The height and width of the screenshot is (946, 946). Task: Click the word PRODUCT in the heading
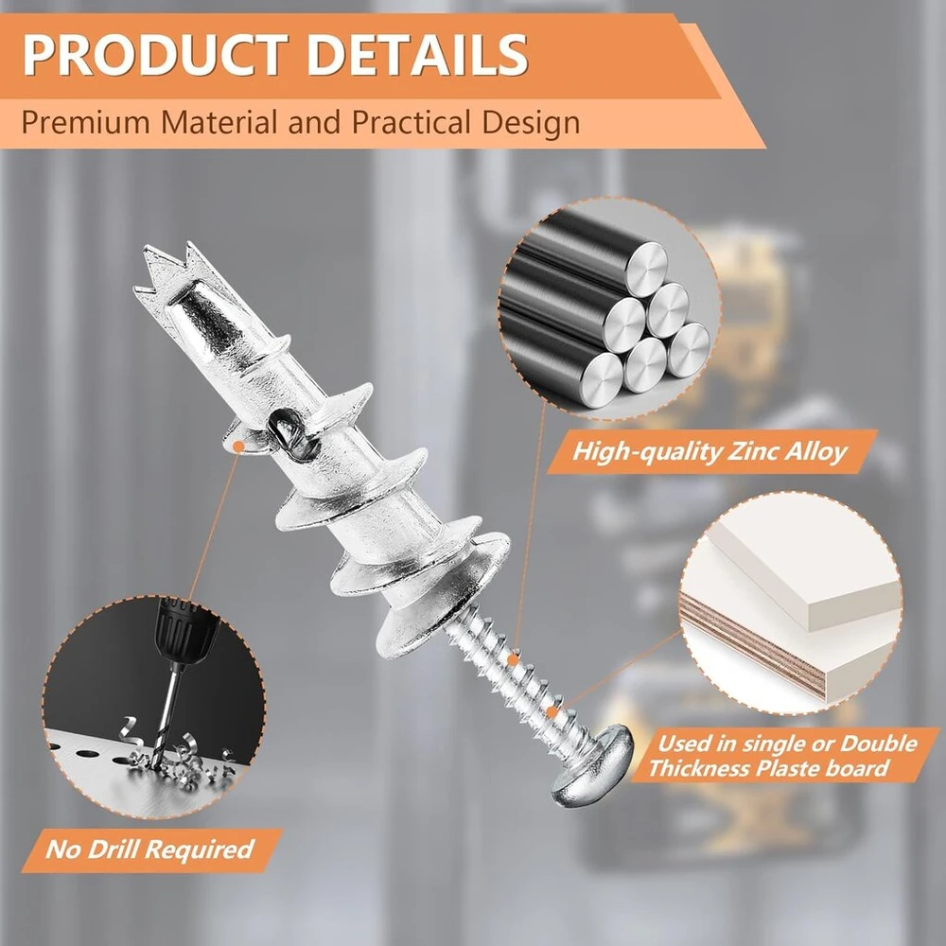coord(156,55)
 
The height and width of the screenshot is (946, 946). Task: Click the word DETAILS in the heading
coord(417,55)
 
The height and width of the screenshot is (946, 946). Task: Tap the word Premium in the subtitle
coord(86,122)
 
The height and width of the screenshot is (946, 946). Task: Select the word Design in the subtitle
coord(531,123)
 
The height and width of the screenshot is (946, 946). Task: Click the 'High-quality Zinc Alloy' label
coord(709,451)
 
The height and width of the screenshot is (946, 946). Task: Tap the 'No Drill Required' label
coord(149,850)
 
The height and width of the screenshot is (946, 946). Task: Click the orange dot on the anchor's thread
coord(239,447)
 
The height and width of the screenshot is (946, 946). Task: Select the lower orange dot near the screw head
coord(551,712)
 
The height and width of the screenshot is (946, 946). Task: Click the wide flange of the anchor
coord(444,594)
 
